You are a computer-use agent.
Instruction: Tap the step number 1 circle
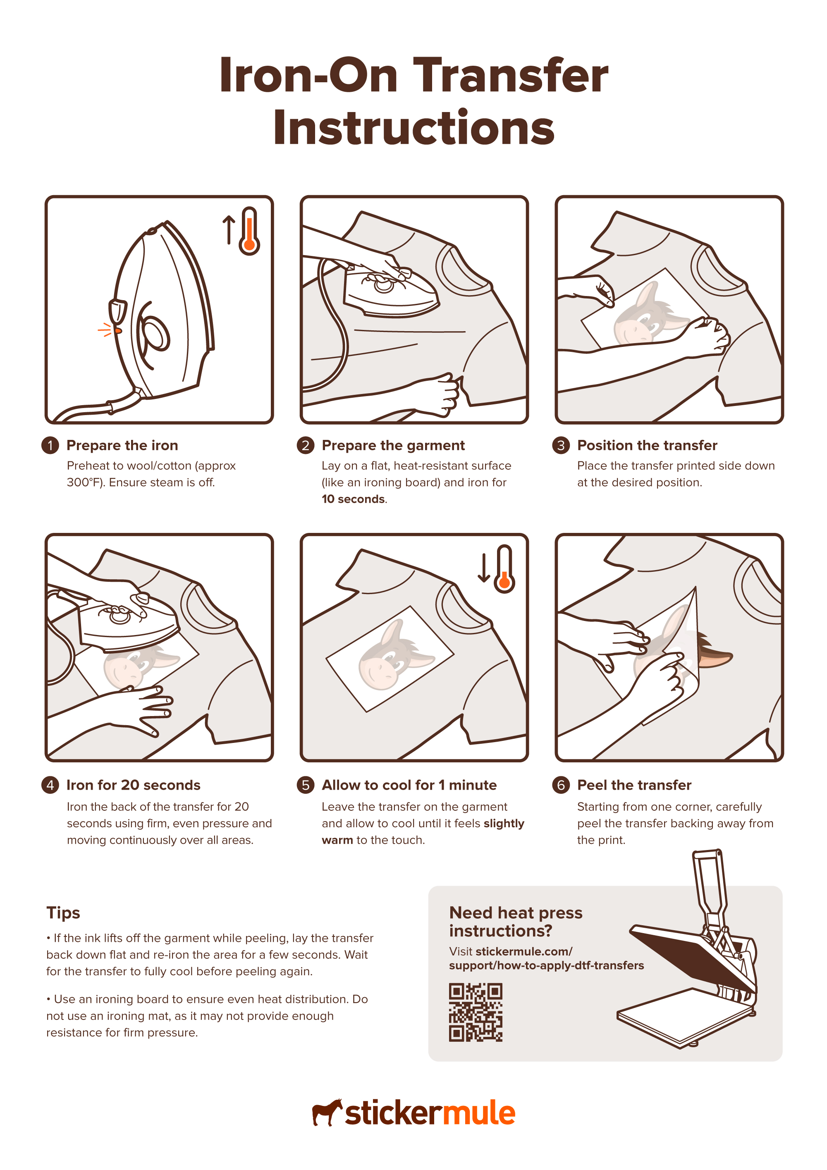(50, 445)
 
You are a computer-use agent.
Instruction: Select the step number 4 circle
(50, 785)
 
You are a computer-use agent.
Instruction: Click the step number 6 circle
(561, 785)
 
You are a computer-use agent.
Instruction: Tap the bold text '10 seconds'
(353, 499)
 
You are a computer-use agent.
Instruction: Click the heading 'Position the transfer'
(647, 445)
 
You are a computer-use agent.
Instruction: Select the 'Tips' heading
(63, 913)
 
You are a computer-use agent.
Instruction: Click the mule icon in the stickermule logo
(326, 1113)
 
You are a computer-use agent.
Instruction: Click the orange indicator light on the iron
(118, 331)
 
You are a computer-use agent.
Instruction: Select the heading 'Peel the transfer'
(634, 785)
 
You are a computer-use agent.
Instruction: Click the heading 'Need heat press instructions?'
(515, 922)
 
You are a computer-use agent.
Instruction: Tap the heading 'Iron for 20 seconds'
(134, 785)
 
